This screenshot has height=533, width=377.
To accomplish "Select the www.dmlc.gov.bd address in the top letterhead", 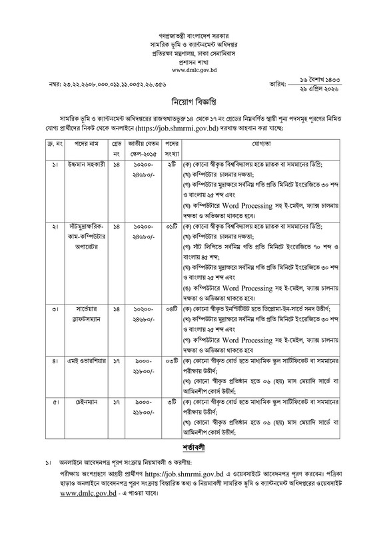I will click(188, 69).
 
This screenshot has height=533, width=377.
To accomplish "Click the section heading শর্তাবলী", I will click(188, 461).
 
